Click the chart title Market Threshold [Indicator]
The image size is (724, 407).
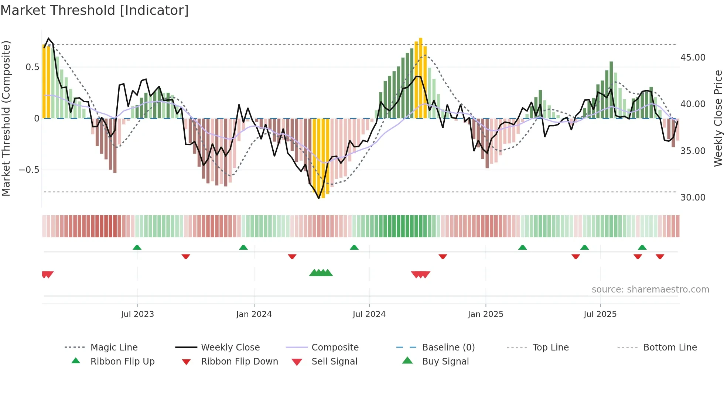pos(95,10)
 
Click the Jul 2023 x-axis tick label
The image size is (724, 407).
pos(137,314)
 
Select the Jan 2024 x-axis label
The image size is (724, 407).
pos(254,314)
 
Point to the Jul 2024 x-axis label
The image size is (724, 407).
pos(369,314)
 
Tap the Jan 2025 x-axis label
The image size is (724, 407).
pos(485,314)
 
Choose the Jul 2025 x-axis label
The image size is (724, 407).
pos(600,314)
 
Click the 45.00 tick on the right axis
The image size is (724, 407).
pos(693,58)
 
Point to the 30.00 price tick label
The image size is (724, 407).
pos(693,198)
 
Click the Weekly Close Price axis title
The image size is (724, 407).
pos(718,118)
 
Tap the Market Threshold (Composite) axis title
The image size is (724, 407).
pos(6,118)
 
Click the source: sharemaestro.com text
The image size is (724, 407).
pos(650,290)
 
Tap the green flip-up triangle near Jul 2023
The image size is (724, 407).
pos(137,247)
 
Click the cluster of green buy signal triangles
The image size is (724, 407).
pos(321,273)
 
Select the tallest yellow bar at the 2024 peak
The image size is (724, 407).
pos(420,78)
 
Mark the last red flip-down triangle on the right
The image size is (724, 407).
pos(660,256)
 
